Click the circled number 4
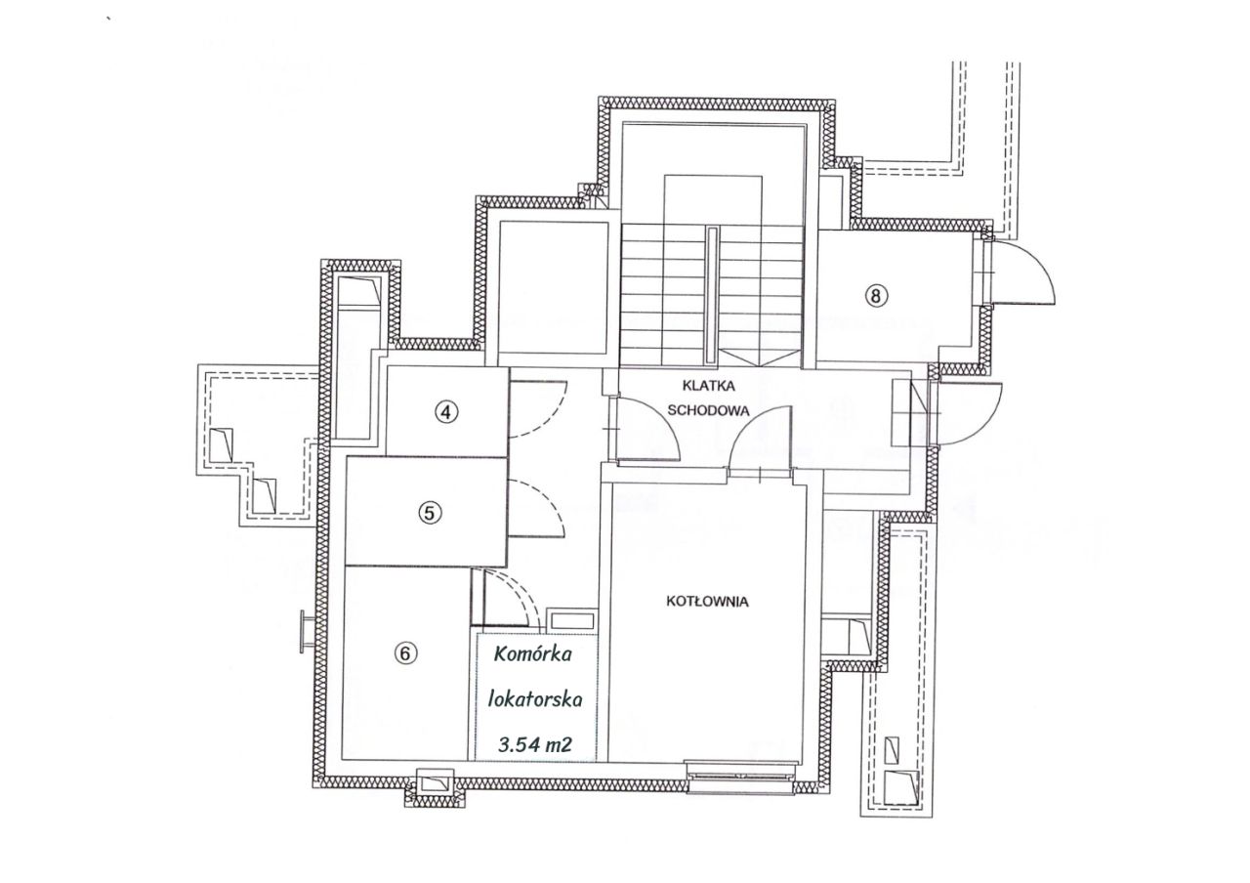445,412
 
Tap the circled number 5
429,513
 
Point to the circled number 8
876,295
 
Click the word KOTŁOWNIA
707,601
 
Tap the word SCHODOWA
708,410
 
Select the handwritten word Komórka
532,653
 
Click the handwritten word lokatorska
534,698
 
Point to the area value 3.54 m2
535,744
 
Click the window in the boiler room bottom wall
739,777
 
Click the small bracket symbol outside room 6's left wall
305,631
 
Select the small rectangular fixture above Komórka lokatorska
572,620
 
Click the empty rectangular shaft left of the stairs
553,287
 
